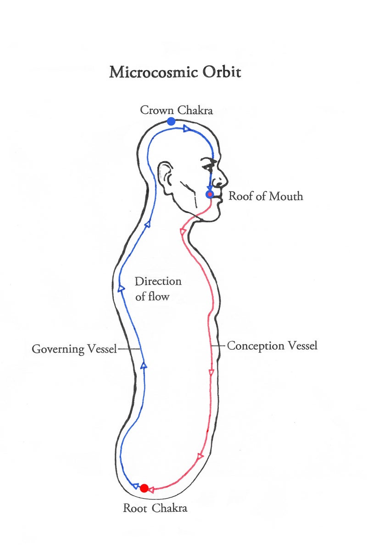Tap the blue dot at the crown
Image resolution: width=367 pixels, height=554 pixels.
(x=171, y=121)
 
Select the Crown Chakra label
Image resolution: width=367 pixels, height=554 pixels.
(x=177, y=110)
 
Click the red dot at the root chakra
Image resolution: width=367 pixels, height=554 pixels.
(x=144, y=488)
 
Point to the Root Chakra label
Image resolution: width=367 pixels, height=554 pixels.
(x=155, y=508)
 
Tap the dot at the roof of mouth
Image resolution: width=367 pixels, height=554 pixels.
(x=210, y=195)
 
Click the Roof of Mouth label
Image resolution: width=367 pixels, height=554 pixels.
(x=266, y=196)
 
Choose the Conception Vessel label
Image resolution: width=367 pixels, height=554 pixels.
(x=272, y=346)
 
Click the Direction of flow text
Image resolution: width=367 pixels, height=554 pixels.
(x=158, y=289)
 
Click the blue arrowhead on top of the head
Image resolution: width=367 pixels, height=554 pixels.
(x=187, y=129)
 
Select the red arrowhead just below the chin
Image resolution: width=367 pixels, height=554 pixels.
(x=183, y=231)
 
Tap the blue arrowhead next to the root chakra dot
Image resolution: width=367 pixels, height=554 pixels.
(x=135, y=486)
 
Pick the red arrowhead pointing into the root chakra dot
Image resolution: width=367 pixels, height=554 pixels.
(x=150, y=490)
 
